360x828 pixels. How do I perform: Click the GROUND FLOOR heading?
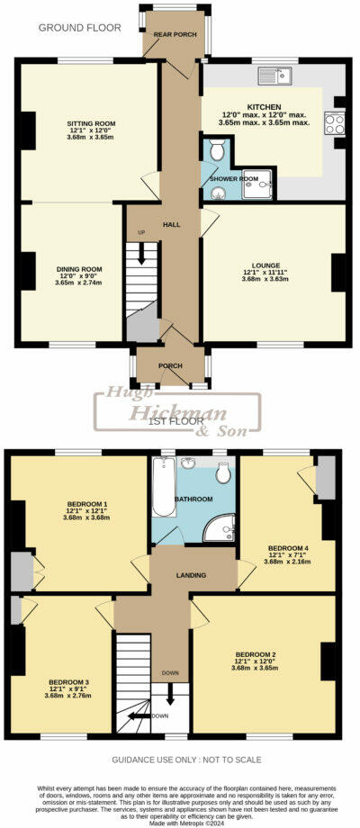[80, 28]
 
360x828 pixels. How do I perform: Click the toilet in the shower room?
[219, 151]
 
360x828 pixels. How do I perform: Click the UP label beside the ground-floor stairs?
[140, 232]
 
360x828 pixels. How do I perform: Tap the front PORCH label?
[170, 365]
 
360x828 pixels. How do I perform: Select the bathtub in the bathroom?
[163, 490]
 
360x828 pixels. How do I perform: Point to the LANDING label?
[191, 575]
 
